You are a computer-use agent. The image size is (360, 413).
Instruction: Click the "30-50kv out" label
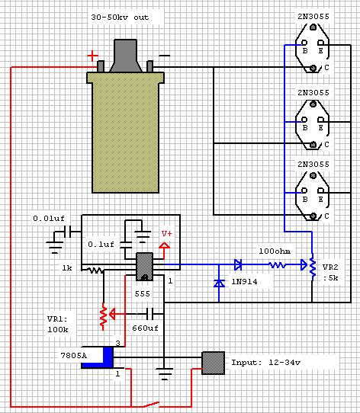pyautogui.click(x=120, y=18)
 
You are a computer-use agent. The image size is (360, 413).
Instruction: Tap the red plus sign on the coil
pyautogui.click(x=92, y=56)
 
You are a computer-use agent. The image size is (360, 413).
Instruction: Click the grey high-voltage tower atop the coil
pyautogui.click(x=126, y=56)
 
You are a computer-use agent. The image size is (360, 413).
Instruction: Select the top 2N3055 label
pyautogui.click(x=313, y=17)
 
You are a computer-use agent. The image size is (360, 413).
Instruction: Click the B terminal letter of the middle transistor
pyautogui.click(x=305, y=128)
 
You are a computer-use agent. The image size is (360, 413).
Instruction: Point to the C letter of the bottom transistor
pyautogui.click(x=326, y=216)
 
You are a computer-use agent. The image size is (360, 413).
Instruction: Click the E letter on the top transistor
pyautogui.click(x=320, y=51)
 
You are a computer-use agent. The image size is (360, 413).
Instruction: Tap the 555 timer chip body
pyautogui.click(x=144, y=267)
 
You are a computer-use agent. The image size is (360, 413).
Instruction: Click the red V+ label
pyautogui.click(x=167, y=234)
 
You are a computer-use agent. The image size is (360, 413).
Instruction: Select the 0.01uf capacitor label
pyautogui.click(x=49, y=219)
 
